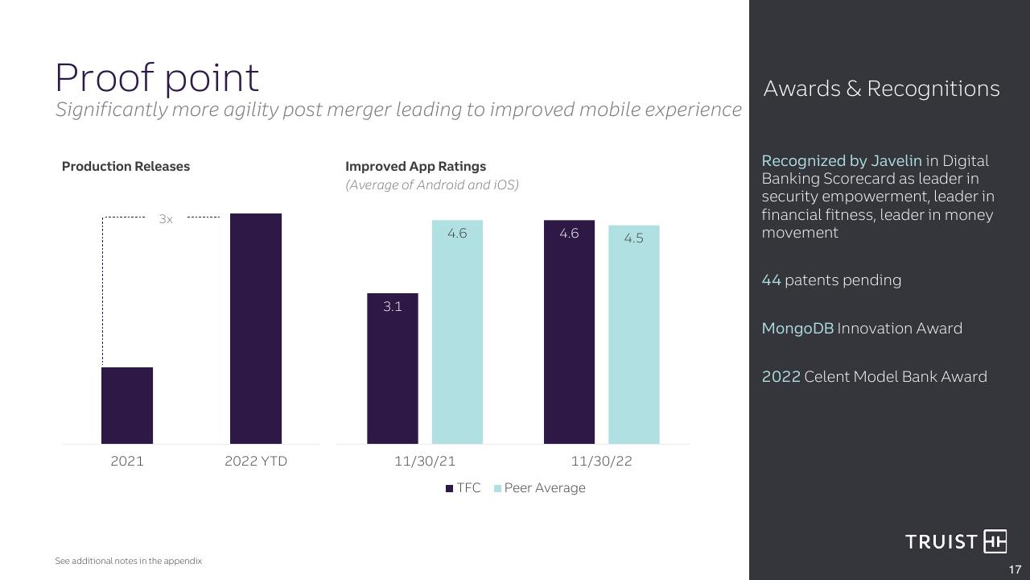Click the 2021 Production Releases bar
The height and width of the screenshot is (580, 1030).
tap(127, 405)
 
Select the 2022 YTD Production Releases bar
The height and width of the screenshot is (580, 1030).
tap(256, 329)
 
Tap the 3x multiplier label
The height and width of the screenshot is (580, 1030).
tap(166, 219)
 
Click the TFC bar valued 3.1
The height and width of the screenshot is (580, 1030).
tap(393, 368)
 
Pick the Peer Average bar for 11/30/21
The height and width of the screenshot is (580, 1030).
tap(458, 332)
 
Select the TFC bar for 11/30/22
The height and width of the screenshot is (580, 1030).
tap(569, 332)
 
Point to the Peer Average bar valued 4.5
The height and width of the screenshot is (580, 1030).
tap(634, 334)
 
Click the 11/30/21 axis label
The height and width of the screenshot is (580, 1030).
tap(425, 462)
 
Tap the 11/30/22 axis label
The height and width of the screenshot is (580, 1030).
tap(601, 462)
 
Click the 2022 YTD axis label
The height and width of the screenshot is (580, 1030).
tap(256, 462)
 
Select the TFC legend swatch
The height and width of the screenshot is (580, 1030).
tap(449, 488)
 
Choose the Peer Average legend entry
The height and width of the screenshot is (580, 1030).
tap(540, 488)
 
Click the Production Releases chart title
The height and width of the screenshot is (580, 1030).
tap(126, 166)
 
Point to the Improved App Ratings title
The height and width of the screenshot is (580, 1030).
tap(416, 166)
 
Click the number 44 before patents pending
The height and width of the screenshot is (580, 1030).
tap(771, 280)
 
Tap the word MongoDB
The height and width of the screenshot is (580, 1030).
tap(797, 328)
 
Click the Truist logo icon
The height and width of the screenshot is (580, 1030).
tap(995, 541)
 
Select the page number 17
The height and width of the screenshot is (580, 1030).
tap(1015, 570)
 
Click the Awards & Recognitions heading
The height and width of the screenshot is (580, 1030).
tap(881, 89)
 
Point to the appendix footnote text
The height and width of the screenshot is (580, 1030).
tap(128, 561)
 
